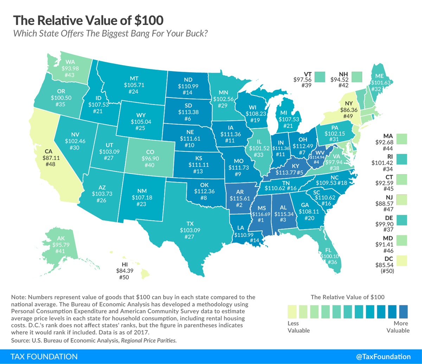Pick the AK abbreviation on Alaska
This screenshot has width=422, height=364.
pos(61,238)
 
